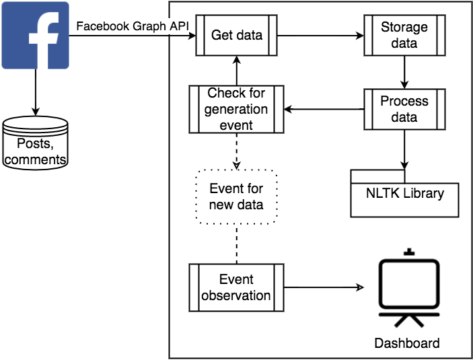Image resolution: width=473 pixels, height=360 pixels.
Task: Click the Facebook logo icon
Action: (x=35, y=35)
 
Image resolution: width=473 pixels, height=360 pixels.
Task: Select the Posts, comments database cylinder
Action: (x=35, y=142)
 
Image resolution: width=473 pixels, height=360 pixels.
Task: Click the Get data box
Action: (x=236, y=35)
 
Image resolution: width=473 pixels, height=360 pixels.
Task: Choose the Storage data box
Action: (x=404, y=35)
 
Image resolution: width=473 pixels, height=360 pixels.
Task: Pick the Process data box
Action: (x=404, y=109)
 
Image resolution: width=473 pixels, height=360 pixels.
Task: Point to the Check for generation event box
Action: (x=236, y=109)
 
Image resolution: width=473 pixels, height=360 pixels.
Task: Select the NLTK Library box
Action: (x=404, y=194)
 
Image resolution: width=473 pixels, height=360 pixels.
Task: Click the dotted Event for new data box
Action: (x=236, y=196)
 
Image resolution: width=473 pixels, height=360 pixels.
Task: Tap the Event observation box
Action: (x=236, y=287)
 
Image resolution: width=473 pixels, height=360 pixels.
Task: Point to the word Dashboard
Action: (x=407, y=343)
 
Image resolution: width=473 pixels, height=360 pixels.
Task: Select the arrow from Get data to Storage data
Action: (x=320, y=35)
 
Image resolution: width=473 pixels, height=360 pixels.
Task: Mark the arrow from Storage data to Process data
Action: (x=404, y=71)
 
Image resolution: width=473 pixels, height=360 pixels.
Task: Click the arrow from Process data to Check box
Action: (x=324, y=109)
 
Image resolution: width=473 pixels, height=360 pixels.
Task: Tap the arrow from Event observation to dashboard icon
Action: (x=323, y=287)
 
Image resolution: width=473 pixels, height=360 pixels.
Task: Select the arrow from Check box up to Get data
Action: (x=236, y=71)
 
